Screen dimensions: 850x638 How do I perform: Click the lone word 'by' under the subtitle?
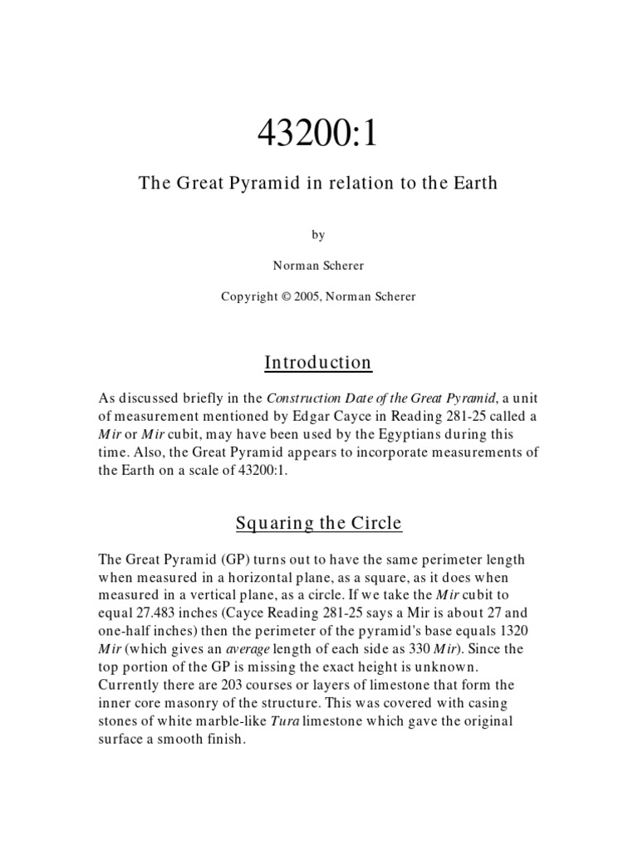tap(318, 235)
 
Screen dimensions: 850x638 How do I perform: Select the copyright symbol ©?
tap(285, 296)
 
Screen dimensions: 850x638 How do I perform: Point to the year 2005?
tap(307, 296)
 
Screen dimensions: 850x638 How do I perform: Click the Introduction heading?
tap(318, 363)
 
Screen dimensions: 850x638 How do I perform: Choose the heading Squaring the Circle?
tap(318, 523)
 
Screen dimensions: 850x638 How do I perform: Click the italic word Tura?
tap(285, 721)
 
